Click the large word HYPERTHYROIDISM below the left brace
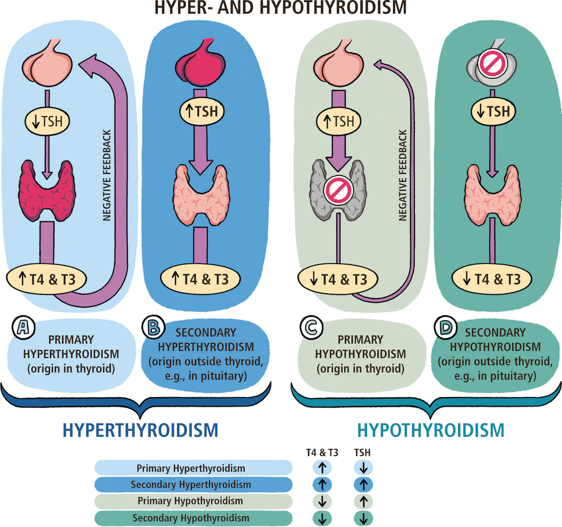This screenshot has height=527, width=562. (x=140, y=431)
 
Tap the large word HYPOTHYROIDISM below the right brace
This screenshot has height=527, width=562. (x=431, y=431)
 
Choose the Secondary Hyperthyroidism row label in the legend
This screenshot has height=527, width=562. (x=191, y=484)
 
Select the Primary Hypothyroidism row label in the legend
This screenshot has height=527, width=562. (x=191, y=501)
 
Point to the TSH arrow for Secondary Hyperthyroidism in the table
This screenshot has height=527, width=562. (x=363, y=484)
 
